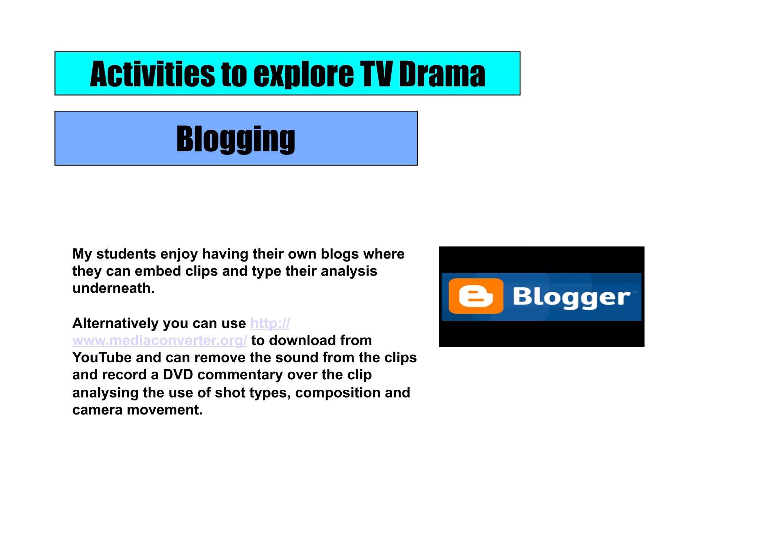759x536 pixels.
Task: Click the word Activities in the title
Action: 152,74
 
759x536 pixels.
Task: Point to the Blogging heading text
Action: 236,139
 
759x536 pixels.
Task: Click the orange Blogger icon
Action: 476,296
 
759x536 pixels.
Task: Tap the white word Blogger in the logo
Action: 571,297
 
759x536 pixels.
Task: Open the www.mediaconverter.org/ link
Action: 159,340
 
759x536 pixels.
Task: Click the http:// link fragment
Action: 270,323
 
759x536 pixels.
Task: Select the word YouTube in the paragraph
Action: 102,357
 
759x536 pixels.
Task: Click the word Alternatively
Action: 120,323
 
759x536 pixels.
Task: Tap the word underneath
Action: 113,288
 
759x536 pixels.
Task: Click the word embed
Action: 158,271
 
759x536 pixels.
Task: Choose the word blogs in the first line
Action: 340,254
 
